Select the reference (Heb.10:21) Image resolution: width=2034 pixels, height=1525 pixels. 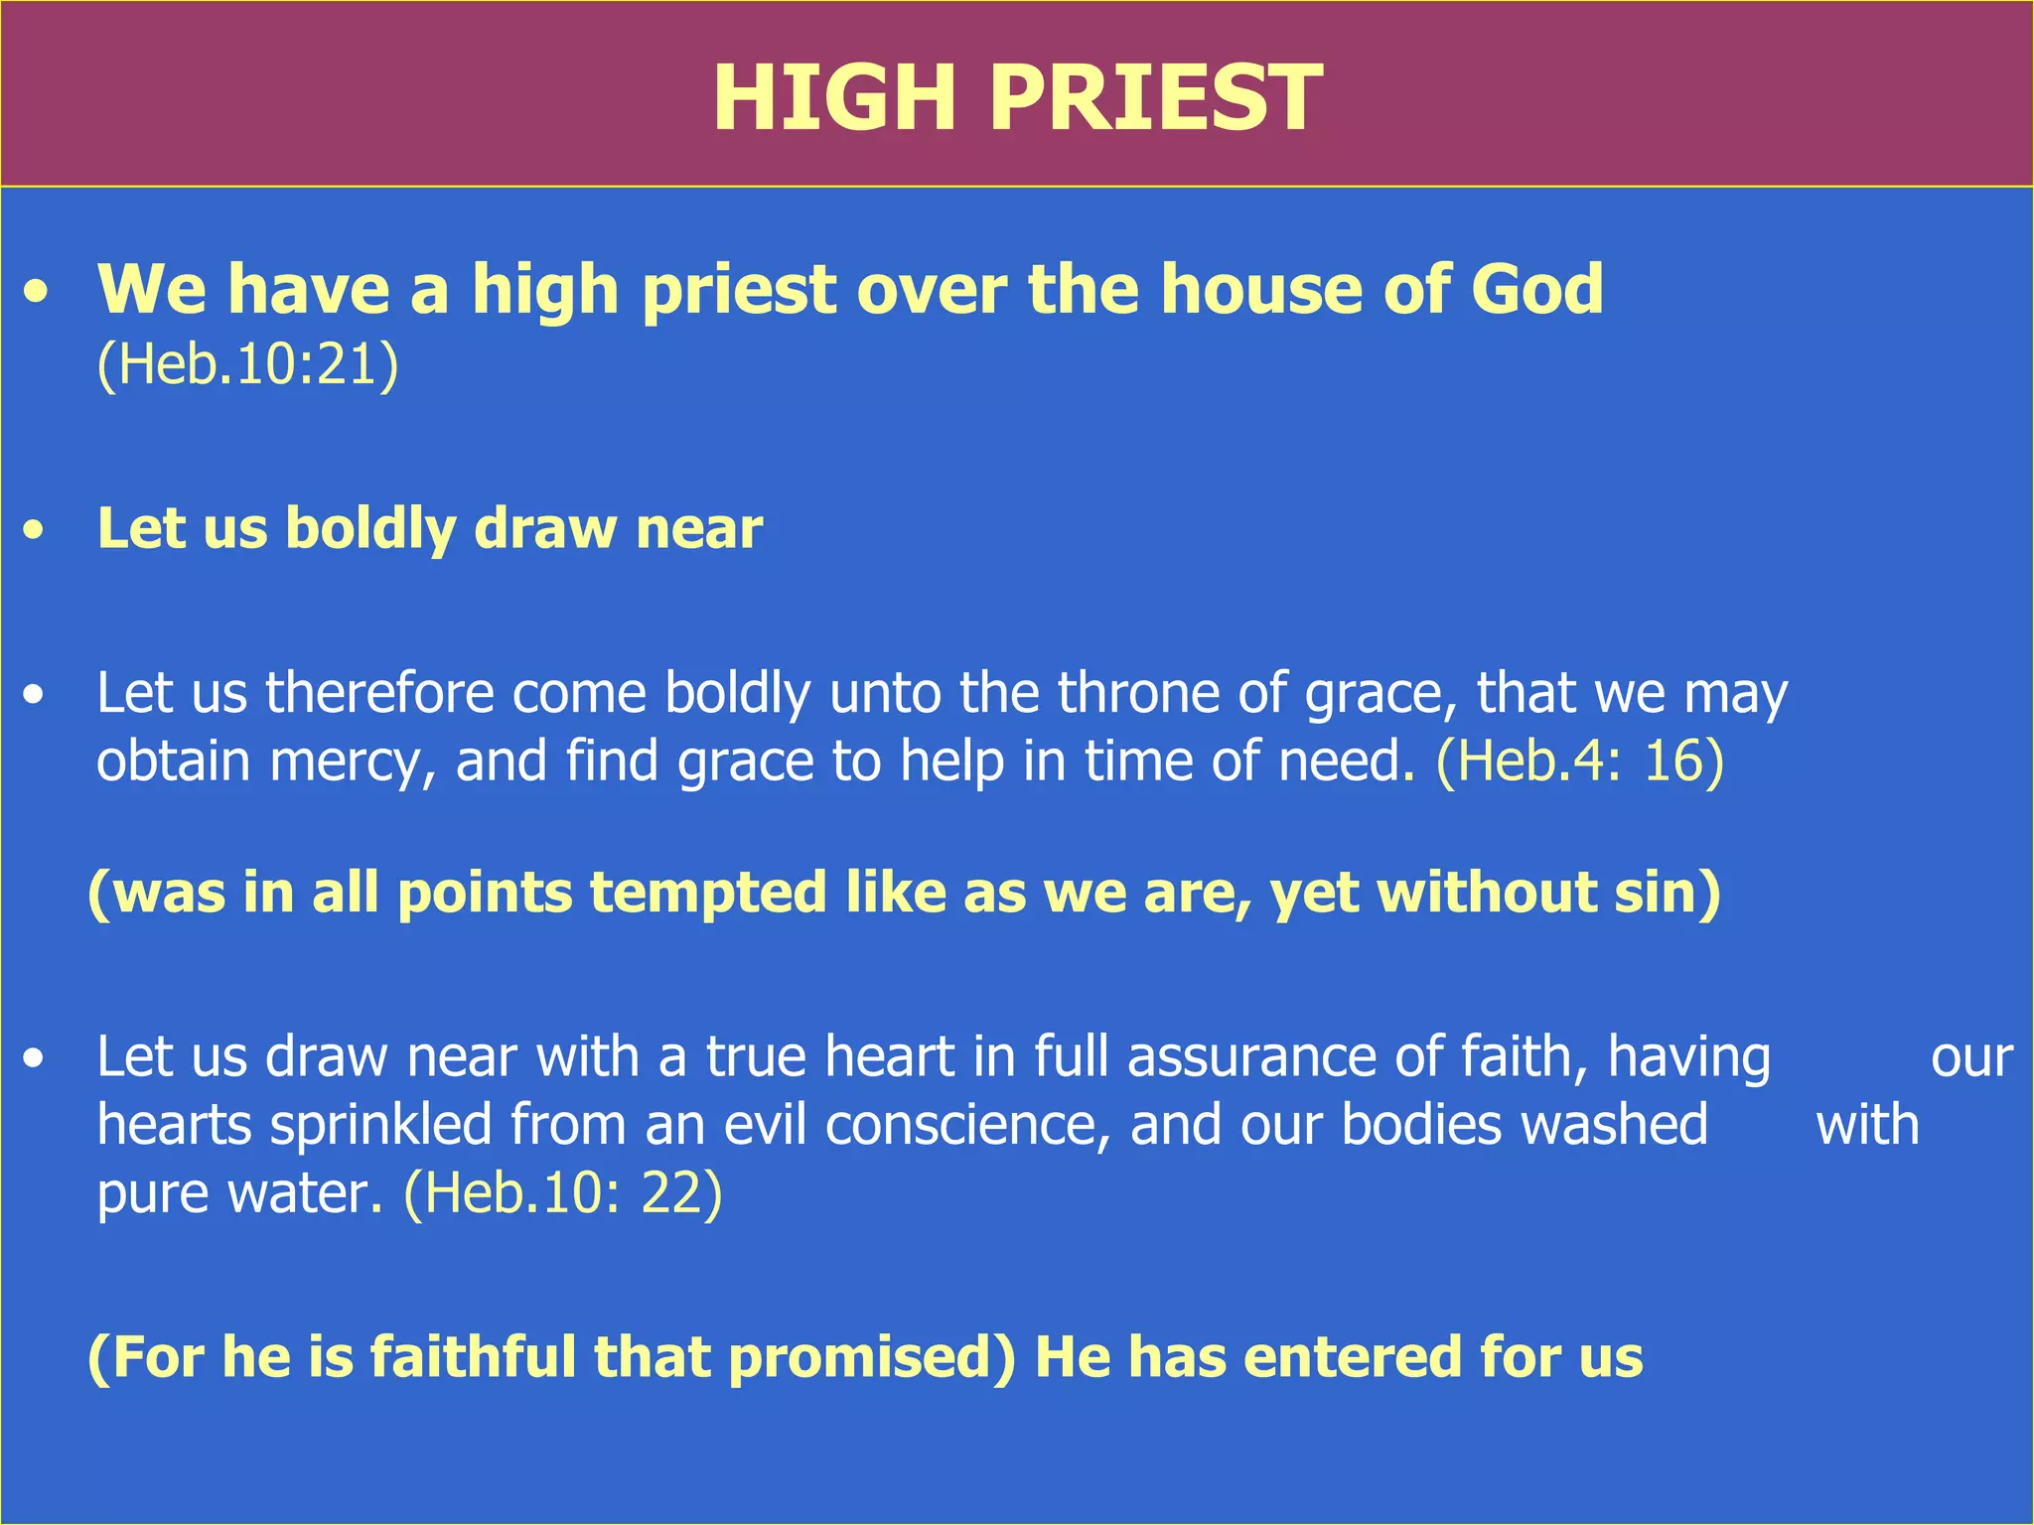coord(247,364)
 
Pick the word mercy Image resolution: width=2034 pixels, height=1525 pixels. coord(353,762)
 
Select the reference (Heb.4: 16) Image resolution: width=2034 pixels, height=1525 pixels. coord(1580,762)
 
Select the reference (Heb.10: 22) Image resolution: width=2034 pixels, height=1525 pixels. coord(563,1192)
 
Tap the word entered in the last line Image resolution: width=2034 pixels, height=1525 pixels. coord(1353,1357)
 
